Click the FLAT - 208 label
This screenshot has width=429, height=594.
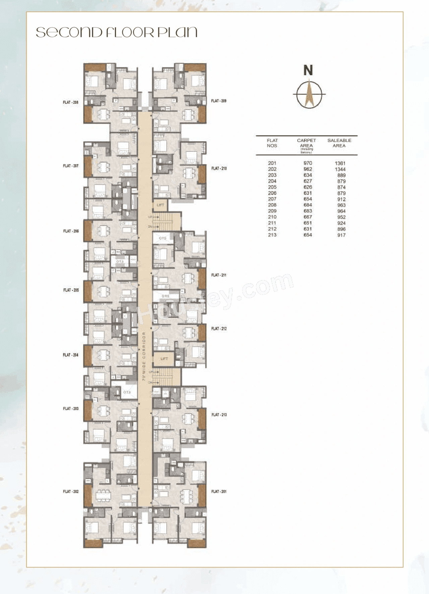70,102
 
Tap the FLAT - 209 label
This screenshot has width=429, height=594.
219,101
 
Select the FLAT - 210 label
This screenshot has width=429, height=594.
219,168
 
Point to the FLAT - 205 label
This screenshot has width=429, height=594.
71,290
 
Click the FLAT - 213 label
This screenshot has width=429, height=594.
219,415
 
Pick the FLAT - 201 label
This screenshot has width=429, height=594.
219,492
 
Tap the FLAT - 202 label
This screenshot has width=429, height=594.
70,492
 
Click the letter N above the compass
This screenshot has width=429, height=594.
308,70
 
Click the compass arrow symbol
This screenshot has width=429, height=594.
309,94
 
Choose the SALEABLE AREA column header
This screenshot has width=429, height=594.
339,143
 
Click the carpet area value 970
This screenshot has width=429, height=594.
308,163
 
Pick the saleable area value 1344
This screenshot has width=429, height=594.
340,169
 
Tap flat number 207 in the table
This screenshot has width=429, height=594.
272,199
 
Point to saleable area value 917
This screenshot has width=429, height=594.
341,235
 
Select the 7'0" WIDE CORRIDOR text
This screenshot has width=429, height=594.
144,356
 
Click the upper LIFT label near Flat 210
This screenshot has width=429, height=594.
160,205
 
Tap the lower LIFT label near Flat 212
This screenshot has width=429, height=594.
164,359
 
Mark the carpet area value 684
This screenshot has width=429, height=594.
308,205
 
